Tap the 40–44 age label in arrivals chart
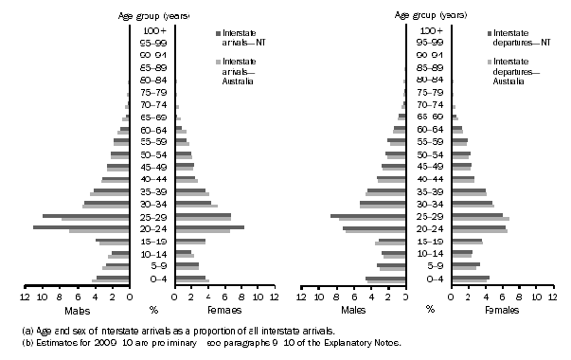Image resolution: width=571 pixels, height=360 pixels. (152, 179)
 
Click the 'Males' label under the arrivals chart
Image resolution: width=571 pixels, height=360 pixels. (79, 310)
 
